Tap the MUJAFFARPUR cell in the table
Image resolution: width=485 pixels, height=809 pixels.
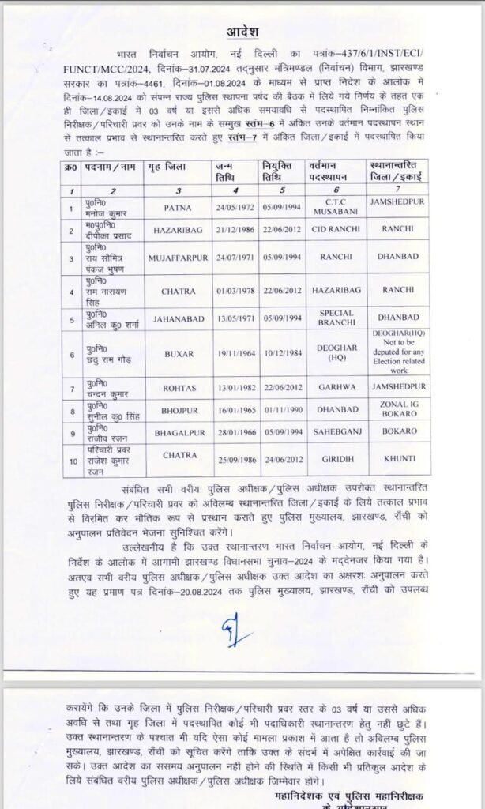click(178, 258)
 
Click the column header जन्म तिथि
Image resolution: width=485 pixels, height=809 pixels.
click(228, 174)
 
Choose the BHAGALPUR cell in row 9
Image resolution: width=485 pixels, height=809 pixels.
click(178, 434)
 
